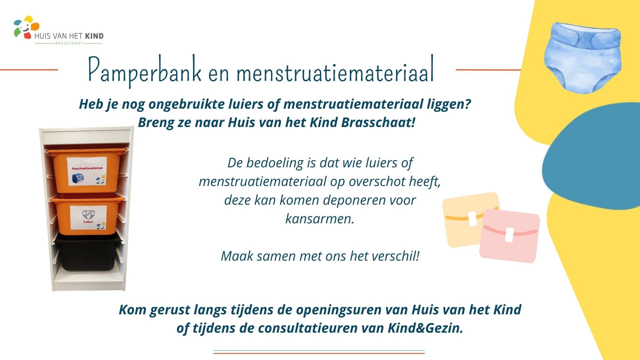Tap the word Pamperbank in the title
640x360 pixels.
[145, 71]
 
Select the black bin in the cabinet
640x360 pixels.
[87, 252]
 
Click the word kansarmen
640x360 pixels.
[319, 219]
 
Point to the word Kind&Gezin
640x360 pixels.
[425, 328]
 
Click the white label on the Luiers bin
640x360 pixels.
[89, 218]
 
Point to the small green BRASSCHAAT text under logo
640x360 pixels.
[69, 43]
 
